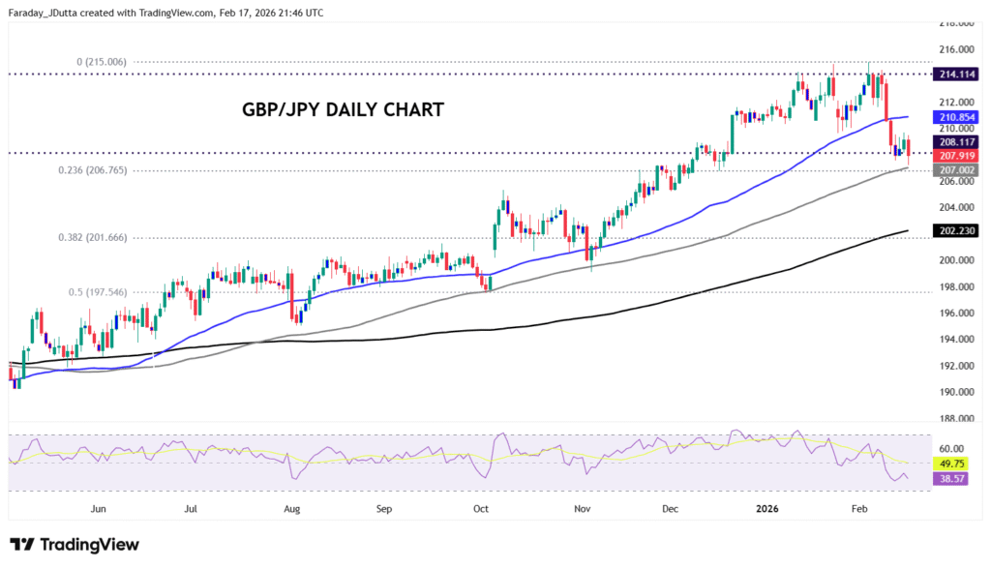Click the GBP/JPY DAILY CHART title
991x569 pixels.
click(343, 110)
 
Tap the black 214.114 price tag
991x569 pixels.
click(955, 74)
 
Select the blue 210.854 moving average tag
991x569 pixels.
click(955, 117)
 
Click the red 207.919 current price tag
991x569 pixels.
click(955, 155)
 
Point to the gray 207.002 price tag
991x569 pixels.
click(955, 169)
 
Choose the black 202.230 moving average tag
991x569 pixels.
click(955, 231)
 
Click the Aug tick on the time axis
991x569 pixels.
click(291, 507)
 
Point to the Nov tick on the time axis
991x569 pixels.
click(582, 507)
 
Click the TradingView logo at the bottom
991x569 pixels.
click(75, 545)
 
